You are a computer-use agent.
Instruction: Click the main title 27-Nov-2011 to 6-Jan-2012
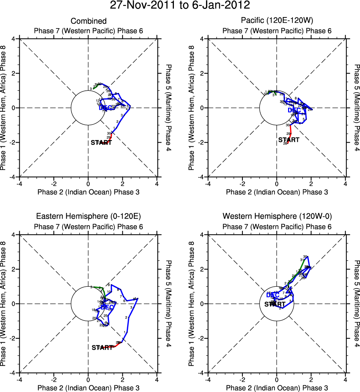tap(180, 6)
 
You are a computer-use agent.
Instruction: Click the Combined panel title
tap(89, 21)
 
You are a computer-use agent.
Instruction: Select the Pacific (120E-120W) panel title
tap(277, 21)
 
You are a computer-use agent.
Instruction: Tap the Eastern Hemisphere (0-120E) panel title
tap(89, 216)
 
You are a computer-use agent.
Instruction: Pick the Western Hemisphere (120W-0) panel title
tap(277, 216)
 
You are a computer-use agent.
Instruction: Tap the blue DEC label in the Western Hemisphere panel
tap(273, 295)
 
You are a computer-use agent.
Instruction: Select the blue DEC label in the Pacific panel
tap(295, 110)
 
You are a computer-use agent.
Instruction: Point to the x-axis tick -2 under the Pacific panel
tap(242, 183)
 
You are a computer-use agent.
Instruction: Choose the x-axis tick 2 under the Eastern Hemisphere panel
tap(122, 379)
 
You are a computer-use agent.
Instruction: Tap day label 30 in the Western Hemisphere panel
tap(305, 257)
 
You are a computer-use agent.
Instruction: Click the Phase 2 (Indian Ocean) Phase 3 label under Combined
tap(89, 192)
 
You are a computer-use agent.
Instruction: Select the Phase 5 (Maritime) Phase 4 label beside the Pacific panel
tap(357, 108)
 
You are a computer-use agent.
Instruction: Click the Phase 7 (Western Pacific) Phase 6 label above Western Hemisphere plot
tap(277, 226)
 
